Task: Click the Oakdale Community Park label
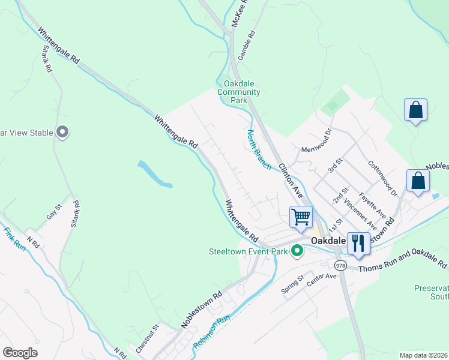click(x=242, y=92)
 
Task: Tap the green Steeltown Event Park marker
click(x=297, y=251)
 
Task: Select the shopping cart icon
click(x=301, y=216)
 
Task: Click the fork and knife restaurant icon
click(x=358, y=243)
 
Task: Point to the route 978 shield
click(x=341, y=265)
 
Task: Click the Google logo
click(x=20, y=353)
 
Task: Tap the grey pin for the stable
click(x=62, y=132)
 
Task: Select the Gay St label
click(x=55, y=211)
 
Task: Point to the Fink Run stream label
click(x=15, y=238)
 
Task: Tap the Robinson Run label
click(x=212, y=332)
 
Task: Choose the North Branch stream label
click(x=259, y=149)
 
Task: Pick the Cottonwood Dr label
click(x=382, y=178)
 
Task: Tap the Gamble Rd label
click(x=246, y=45)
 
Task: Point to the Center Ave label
click(x=322, y=278)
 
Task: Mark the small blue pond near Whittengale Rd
click(x=155, y=174)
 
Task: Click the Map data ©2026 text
click(x=423, y=355)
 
